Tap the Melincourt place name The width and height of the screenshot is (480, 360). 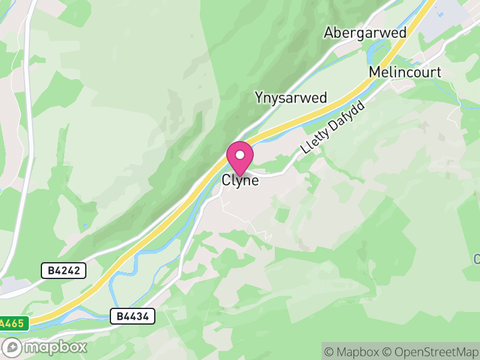point(405,73)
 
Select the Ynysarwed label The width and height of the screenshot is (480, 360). point(290,98)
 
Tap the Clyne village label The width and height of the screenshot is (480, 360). point(240,179)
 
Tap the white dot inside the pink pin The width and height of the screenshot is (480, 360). point(240,155)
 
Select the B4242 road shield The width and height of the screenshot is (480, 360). point(64,271)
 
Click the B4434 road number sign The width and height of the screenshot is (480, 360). point(133,316)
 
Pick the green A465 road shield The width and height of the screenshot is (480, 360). point(13,323)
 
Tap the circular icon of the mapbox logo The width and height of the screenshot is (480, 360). point(13,347)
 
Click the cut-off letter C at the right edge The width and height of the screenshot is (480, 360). point(476,259)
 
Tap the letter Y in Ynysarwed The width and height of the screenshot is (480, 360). point(259,98)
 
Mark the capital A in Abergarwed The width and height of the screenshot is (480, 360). point(329,32)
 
